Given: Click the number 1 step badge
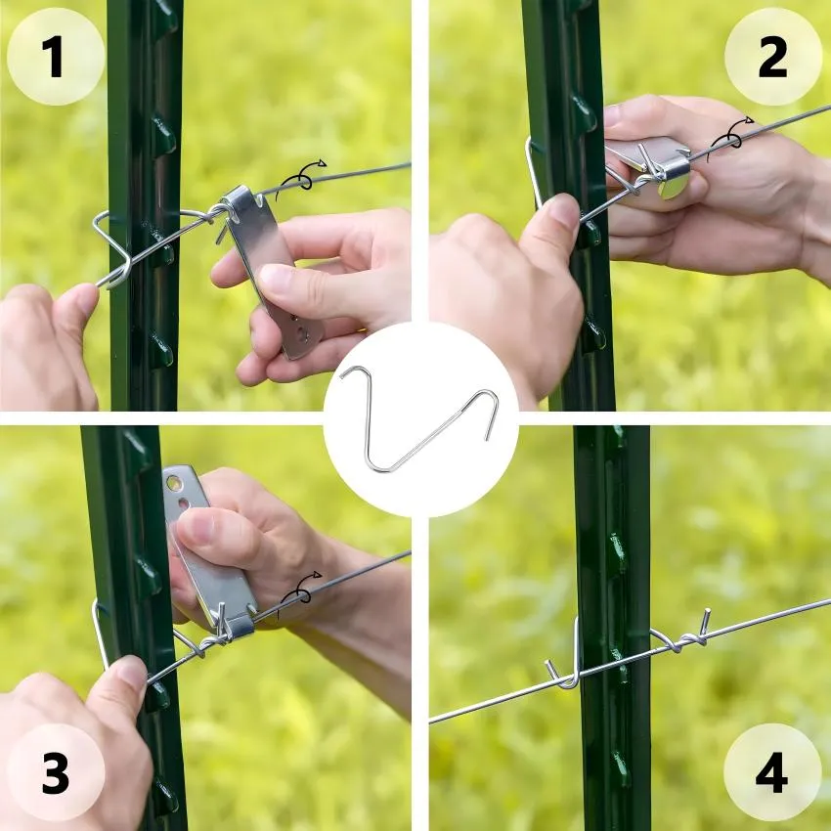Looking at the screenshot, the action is [56, 56].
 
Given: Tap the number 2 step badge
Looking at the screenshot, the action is [772, 56].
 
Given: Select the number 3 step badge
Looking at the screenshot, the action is [56, 772].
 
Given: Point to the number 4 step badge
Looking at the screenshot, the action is [772, 772].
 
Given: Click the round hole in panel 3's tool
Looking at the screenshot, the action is [173, 483].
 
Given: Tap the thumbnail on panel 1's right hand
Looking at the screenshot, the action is [277, 280].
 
